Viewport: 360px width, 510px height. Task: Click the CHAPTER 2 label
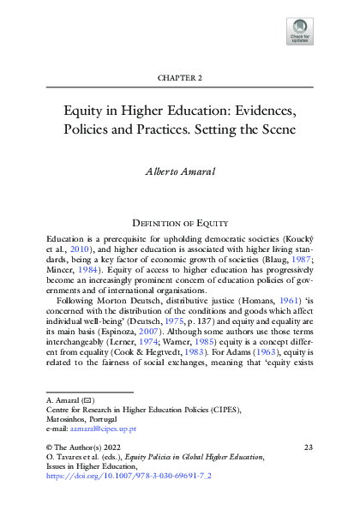(x=179, y=78)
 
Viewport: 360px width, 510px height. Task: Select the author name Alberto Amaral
(x=179, y=171)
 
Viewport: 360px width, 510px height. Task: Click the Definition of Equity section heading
(x=179, y=221)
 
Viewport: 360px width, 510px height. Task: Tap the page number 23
(x=309, y=472)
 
